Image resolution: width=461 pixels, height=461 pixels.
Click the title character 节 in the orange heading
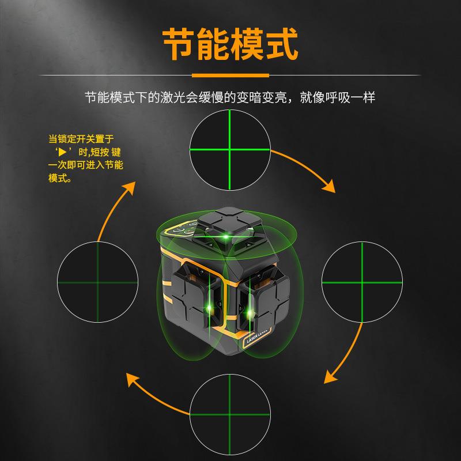(x=179, y=44)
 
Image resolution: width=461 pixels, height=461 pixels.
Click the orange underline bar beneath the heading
(x=231, y=75)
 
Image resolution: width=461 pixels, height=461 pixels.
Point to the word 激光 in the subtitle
(x=172, y=97)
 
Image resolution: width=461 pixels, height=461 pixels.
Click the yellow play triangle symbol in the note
(x=62, y=152)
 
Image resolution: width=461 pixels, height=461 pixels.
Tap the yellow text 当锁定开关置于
(x=81, y=139)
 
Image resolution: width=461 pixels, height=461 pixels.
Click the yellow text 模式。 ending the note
(x=60, y=178)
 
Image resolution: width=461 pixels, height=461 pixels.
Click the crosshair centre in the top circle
(x=229, y=150)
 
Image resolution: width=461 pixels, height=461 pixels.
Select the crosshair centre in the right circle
(x=362, y=282)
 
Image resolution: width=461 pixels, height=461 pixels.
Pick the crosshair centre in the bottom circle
(x=229, y=414)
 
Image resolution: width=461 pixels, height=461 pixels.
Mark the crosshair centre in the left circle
(x=97, y=282)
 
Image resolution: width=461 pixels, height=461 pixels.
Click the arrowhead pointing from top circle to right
(x=329, y=187)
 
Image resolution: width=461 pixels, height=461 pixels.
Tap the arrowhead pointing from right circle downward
(x=330, y=377)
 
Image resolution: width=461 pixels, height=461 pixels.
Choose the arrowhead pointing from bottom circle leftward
(x=132, y=379)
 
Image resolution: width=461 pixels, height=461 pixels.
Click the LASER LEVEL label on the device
(x=257, y=337)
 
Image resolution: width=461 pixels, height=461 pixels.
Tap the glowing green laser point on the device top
(x=226, y=237)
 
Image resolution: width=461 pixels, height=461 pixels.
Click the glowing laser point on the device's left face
(x=209, y=308)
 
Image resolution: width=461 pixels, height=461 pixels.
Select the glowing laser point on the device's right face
(x=250, y=313)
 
